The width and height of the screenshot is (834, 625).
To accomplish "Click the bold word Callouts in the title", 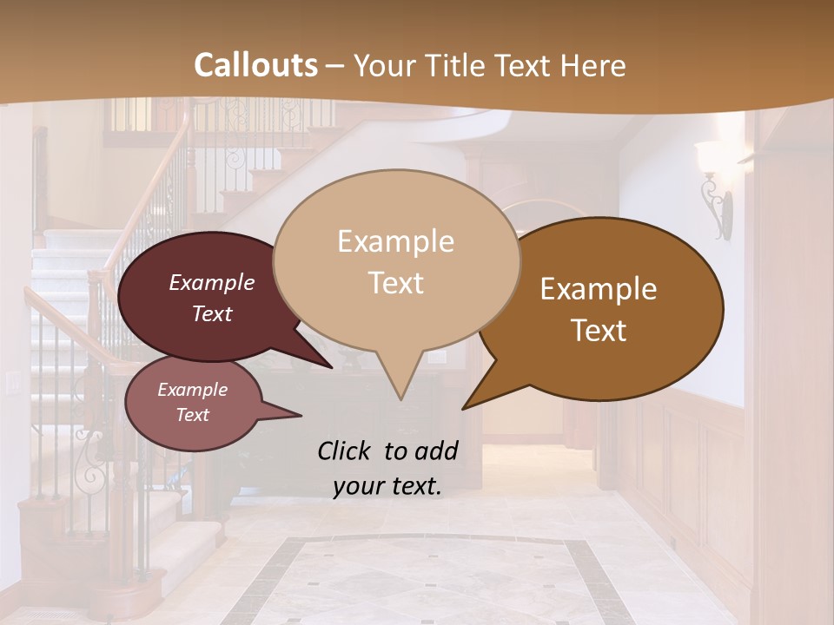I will tap(256, 65).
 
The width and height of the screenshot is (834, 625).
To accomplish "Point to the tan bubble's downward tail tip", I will tap(400, 399).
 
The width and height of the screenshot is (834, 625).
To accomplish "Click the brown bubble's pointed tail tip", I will tap(463, 408).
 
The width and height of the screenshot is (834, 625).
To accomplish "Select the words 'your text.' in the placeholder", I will tap(387, 486).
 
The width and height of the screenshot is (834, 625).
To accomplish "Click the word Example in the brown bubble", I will tap(599, 289).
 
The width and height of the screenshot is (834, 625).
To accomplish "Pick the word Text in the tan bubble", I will tap(395, 283).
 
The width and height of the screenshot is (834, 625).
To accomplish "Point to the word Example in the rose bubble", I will tap(192, 390).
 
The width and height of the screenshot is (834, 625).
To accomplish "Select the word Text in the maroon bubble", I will tap(212, 314).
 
